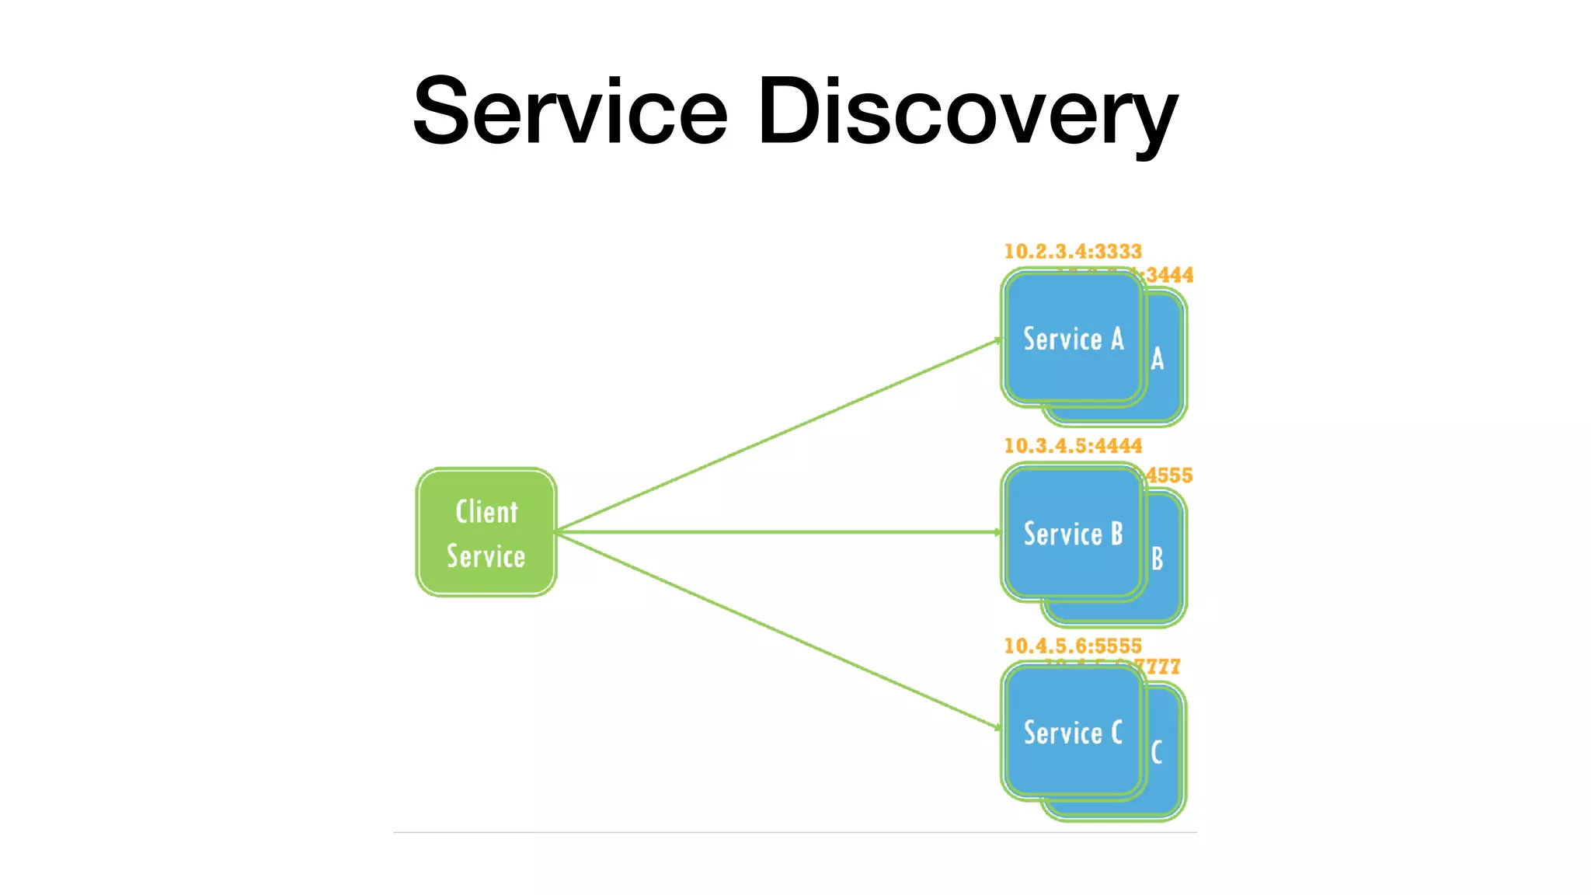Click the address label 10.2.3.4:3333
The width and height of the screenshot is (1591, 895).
coord(1073,252)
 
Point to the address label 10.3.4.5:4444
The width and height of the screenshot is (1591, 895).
coord(1073,446)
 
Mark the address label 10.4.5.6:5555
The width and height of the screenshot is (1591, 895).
coord(1073,646)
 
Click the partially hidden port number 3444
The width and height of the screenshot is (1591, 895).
coord(1169,275)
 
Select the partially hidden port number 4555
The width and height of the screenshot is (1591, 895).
coord(1169,475)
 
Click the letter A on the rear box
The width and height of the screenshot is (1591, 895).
coord(1158,359)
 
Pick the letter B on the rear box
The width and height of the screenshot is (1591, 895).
coord(1158,559)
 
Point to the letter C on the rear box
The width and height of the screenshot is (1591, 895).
coord(1157,752)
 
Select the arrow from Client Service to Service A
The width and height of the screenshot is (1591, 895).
coord(777,436)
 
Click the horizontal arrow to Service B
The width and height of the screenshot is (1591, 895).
coord(777,532)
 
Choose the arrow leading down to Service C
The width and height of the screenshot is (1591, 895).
coord(777,629)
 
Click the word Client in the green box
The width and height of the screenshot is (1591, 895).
coord(486,512)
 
